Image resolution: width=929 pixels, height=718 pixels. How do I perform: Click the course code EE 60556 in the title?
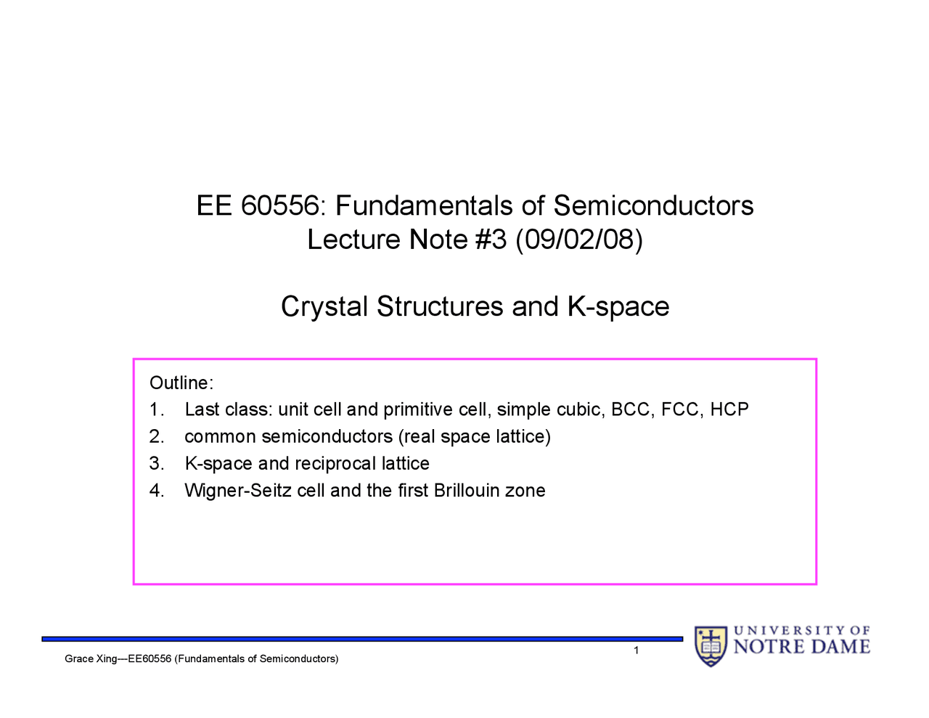[258, 206]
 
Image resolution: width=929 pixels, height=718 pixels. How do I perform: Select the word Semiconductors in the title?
[653, 206]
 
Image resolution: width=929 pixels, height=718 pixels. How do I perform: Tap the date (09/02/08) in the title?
[579, 240]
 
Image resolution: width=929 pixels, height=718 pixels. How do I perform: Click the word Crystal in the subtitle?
[324, 306]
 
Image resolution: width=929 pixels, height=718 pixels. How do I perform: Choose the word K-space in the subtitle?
[618, 306]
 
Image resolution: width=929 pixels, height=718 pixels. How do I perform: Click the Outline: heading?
[181, 383]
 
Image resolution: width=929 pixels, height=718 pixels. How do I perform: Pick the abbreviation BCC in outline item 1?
[631, 409]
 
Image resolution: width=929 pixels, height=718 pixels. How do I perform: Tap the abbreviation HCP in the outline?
[729, 409]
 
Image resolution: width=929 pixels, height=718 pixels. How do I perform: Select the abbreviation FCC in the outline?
[680, 409]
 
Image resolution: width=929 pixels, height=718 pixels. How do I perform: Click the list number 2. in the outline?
[157, 436]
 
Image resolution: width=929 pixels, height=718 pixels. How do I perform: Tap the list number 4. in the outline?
[157, 490]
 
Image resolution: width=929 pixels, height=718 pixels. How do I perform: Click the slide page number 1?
[637, 650]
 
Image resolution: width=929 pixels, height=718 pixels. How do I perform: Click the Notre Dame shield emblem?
[711, 645]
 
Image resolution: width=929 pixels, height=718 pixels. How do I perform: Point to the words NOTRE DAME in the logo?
[802, 646]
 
